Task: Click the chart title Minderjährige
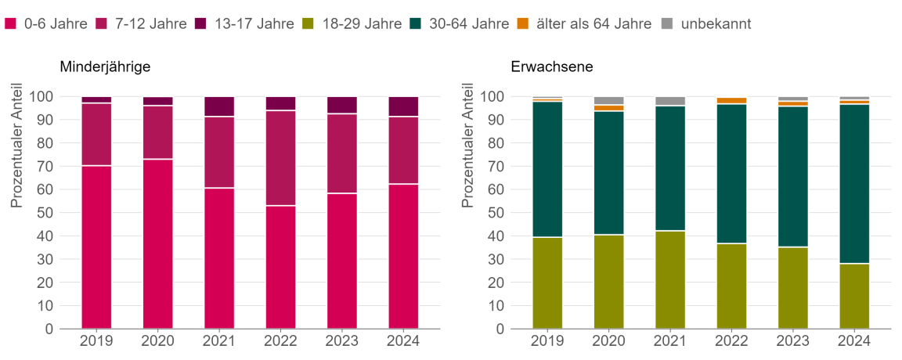(105, 67)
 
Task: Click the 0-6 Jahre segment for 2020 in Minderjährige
(157, 243)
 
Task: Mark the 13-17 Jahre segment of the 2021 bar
(219, 106)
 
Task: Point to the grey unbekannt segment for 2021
(670, 101)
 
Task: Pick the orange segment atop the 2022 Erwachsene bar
(731, 100)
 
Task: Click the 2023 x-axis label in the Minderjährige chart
(341, 341)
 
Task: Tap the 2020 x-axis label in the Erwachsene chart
(608, 341)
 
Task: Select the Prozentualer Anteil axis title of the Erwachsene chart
(468, 146)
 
